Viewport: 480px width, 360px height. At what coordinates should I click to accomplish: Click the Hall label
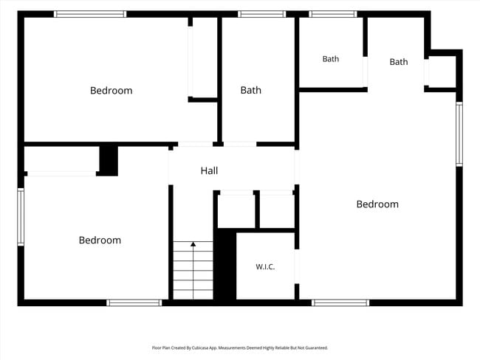click(209, 170)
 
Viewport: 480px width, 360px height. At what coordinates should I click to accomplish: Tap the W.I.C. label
click(265, 267)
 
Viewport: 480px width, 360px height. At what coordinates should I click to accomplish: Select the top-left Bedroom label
click(111, 91)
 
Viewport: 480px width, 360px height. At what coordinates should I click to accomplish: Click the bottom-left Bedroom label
click(100, 240)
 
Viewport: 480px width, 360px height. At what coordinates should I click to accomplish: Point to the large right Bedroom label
click(377, 204)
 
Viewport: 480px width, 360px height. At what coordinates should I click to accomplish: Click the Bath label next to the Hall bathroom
click(251, 90)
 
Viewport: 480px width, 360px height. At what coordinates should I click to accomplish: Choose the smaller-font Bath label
click(331, 59)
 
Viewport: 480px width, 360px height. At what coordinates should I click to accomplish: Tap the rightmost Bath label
click(399, 62)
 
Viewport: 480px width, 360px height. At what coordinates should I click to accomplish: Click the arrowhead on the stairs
click(193, 243)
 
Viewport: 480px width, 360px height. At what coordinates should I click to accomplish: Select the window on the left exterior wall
click(21, 217)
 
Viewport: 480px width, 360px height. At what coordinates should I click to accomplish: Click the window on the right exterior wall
click(459, 134)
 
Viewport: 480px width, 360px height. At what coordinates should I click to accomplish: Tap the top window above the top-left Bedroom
click(90, 14)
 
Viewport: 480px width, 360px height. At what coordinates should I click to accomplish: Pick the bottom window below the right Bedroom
click(340, 302)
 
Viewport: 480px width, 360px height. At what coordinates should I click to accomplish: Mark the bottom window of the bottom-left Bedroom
click(134, 302)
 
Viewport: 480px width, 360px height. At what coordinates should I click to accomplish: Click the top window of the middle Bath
click(261, 14)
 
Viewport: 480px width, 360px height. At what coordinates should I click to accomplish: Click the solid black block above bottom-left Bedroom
click(109, 161)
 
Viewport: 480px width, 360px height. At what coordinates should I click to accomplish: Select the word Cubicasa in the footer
click(201, 347)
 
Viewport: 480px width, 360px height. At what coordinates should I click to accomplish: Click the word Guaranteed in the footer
click(317, 347)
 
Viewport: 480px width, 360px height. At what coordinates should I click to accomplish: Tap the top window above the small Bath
click(333, 14)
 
